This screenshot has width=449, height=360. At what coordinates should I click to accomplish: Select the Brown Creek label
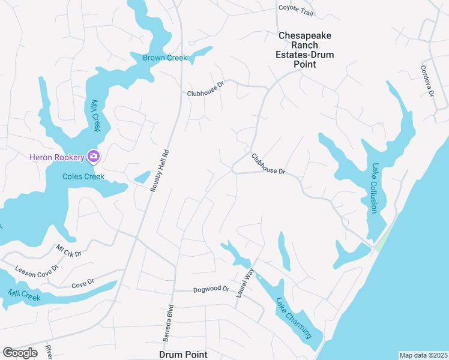164,58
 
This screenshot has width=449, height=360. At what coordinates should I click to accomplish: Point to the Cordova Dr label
427,82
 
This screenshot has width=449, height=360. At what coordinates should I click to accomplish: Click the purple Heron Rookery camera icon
93,157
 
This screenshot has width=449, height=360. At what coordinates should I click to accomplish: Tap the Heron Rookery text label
58,157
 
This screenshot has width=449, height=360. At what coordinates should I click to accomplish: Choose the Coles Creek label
83,176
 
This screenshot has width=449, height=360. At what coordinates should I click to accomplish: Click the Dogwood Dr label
211,289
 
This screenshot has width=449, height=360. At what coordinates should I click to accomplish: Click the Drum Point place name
184,355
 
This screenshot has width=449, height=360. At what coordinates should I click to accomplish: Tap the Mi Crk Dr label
68,250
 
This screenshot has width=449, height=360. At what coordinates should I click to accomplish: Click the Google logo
20,352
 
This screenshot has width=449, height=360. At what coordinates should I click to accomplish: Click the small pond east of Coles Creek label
142,178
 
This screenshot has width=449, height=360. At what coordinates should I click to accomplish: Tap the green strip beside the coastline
382,237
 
